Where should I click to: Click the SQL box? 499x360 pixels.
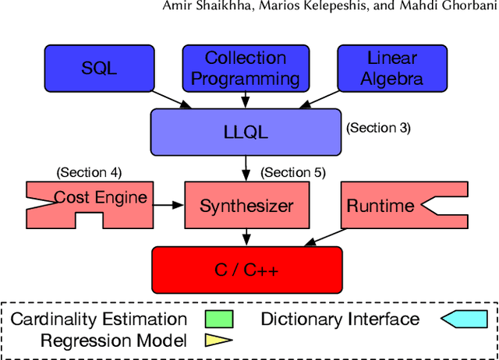click(99, 68)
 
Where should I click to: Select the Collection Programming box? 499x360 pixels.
click(246, 68)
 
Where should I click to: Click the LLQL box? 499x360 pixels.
click(246, 131)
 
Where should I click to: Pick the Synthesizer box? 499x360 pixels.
click(246, 206)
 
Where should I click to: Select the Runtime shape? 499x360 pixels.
click(390, 206)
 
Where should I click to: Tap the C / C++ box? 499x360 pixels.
click(246, 270)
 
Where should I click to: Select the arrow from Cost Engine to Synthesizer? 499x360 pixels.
click(165, 206)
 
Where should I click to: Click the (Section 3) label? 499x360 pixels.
click(377, 128)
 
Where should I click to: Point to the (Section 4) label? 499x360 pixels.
click(89, 172)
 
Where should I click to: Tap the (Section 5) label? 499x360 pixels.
click(292, 172)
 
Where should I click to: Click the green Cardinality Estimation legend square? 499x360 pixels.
click(219, 319)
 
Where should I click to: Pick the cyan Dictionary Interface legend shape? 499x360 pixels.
click(464, 319)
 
